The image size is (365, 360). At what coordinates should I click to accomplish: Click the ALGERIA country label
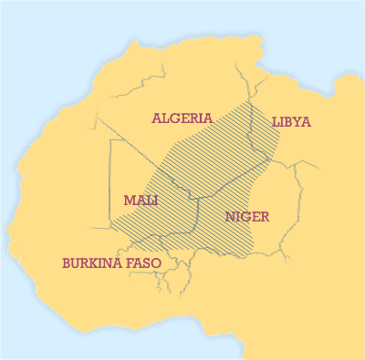(182, 118)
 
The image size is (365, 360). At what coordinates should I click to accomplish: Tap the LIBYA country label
(291, 121)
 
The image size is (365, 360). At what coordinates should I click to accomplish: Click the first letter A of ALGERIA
(157, 118)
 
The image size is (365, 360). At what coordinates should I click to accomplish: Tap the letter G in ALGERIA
(176, 118)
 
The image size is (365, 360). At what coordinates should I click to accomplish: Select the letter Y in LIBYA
(298, 121)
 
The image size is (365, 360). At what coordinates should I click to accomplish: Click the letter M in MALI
(129, 200)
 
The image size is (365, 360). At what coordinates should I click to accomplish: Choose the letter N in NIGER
(230, 217)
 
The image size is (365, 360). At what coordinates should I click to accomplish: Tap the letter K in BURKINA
(94, 262)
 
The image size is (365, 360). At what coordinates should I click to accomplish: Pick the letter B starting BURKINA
(66, 262)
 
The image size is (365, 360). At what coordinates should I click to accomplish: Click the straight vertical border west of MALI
(109, 182)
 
